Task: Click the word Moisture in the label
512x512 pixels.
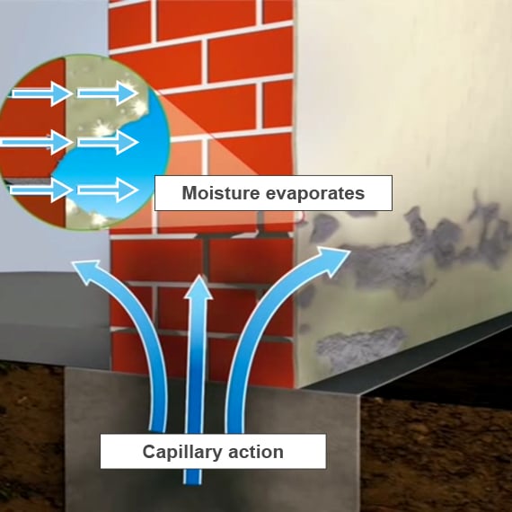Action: [x=221, y=192]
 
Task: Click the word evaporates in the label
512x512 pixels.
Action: [x=315, y=193]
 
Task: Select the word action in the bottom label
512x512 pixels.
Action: [x=256, y=452]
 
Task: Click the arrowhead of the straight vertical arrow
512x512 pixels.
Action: [x=199, y=287]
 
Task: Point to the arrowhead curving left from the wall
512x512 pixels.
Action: [x=86, y=271]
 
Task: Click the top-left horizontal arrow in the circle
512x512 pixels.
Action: [x=41, y=93]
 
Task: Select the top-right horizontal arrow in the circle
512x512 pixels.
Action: [x=108, y=93]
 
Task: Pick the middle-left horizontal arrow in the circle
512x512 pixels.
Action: [x=37, y=142]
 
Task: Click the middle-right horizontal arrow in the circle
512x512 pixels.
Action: [x=108, y=142]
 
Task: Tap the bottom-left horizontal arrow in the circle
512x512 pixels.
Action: [x=41, y=190]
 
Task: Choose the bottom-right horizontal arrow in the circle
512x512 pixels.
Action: [x=108, y=190]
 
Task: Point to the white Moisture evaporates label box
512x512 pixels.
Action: [x=273, y=193]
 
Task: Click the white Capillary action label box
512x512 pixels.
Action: [x=213, y=452]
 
